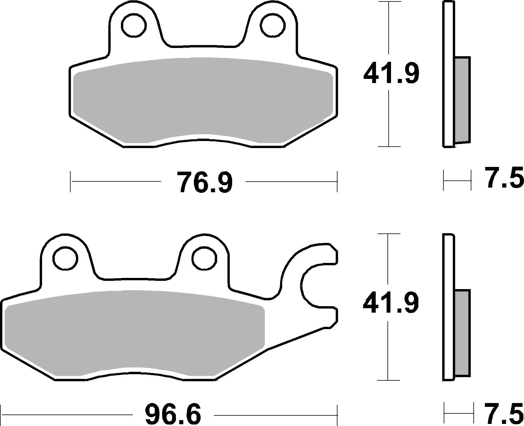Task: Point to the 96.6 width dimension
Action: [173, 415]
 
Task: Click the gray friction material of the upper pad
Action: [203, 100]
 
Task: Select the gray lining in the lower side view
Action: [462, 333]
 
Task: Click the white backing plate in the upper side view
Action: [448, 74]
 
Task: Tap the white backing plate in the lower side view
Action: [448, 306]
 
